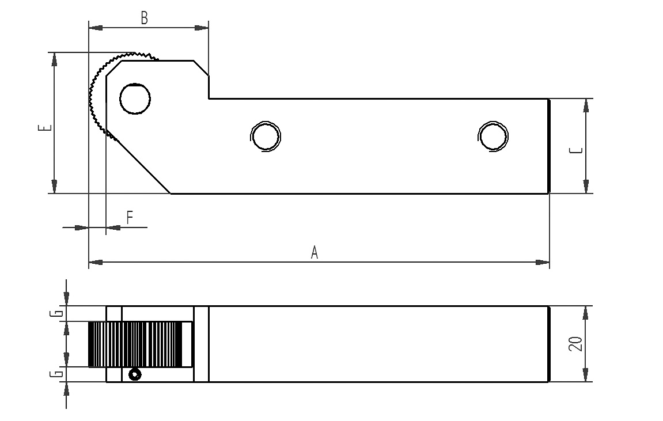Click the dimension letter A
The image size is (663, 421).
[x=314, y=252]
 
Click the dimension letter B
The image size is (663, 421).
[x=144, y=18]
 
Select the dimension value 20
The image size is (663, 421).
[x=575, y=344]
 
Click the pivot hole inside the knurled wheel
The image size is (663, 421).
[x=135, y=99]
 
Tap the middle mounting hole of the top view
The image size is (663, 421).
[x=266, y=136]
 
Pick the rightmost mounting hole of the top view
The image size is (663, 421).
[x=493, y=136]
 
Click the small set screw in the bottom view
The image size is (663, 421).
[x=135, y=374]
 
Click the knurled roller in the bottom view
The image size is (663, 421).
[x=141, y=344]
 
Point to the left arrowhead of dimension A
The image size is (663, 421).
[x=96, y=263]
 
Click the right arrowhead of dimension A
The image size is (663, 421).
[x=542, y=263]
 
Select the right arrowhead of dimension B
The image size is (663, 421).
[x=201, y=28]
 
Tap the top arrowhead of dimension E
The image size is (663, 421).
[x=54, y=59]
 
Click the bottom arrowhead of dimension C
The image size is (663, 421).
[x=586, y=187]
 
